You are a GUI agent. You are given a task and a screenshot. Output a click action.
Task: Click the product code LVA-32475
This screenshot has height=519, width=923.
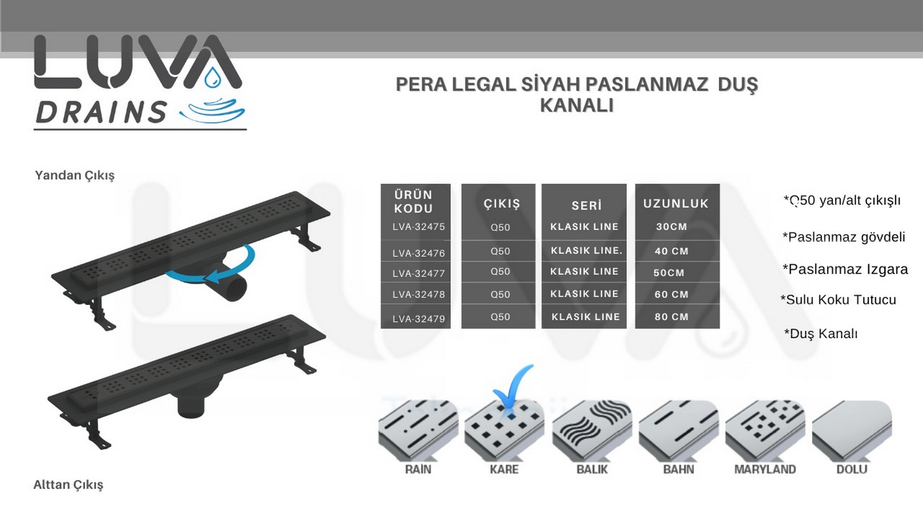(419, 227)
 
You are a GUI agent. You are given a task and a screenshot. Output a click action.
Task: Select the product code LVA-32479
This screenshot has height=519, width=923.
(419, 319)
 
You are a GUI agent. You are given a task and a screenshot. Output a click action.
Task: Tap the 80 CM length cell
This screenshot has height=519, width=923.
(672, 317)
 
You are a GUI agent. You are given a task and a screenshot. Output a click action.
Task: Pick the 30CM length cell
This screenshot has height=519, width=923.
(672, 227)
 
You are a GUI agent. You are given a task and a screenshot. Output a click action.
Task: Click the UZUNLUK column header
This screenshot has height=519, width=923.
(676, 204)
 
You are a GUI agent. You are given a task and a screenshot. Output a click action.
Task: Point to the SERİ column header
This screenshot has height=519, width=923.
(586, 205)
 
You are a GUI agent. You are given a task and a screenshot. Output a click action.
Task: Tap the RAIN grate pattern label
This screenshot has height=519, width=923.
(418, 469)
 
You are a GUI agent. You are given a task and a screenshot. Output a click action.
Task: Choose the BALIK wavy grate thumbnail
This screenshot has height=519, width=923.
(591, 429)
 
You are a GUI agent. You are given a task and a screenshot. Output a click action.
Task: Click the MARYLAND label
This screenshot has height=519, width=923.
(765, 469)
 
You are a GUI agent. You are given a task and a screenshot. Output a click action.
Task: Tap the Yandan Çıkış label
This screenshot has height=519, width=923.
(75, 175)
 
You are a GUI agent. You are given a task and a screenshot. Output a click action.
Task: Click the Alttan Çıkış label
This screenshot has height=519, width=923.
(68, 485)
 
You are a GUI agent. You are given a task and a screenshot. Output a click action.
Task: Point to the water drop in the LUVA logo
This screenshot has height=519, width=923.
(212, 78)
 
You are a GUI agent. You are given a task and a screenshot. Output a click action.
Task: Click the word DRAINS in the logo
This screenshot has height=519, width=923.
(101, 112)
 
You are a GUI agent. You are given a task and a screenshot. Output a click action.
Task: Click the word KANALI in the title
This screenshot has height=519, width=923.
(577, 105)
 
